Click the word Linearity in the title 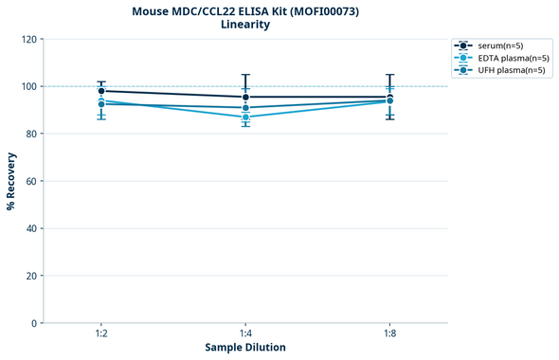tap(244, 25)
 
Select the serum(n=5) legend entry tap(498, 45)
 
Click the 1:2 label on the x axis tap(101, 333)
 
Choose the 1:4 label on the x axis tap(245, 333)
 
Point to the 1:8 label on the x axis tap(389, 333)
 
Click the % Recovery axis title tap(11, 181)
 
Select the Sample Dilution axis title tap(245, 348)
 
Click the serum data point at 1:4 tap(245, 97)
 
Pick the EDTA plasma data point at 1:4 tap(245, 117)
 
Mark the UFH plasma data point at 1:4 tap(245, 108)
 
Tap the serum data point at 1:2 tap(101, 91)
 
